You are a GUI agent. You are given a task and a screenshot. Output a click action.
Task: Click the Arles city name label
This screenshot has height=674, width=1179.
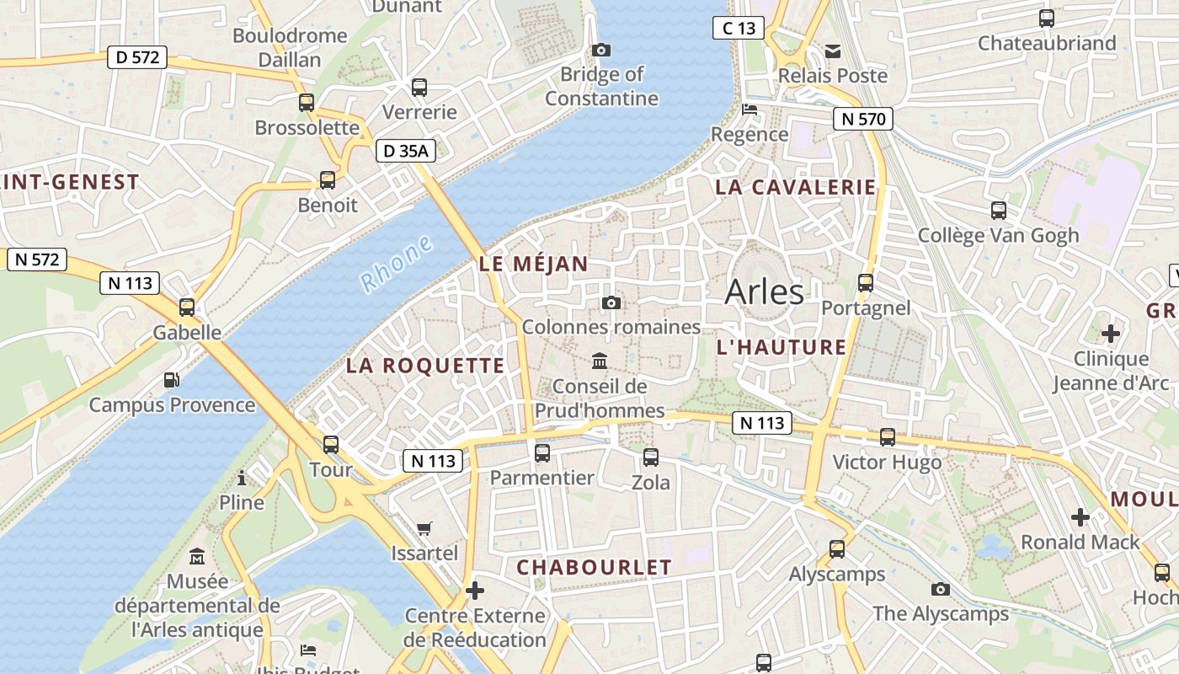tap(764, 292)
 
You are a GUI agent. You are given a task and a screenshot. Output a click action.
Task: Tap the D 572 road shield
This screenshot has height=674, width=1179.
tap(137, 58)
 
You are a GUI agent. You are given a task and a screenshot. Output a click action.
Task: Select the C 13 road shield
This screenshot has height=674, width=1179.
tap(738, 28)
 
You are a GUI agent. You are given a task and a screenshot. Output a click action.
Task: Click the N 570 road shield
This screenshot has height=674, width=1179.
tap(863, 119)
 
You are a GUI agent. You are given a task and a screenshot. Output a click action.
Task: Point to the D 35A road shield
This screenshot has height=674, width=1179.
tap(406, 151)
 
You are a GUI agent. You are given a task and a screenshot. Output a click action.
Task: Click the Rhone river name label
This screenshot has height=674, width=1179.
tap(397, 264)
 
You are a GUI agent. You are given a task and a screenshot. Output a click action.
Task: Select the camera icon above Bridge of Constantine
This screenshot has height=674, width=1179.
tap(600, 51)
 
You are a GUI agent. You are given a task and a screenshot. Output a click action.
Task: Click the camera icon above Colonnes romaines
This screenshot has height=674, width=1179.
tap(611, 302)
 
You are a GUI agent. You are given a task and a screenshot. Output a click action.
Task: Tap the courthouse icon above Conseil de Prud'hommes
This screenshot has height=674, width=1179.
tap(600, 361)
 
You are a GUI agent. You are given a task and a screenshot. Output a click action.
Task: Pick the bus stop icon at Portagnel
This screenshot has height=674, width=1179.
tap(866, 283)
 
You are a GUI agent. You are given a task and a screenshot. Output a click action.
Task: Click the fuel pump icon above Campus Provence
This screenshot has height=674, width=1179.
tap(172, 380)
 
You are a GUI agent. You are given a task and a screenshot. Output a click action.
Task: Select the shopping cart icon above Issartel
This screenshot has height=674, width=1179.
tap(424, 528)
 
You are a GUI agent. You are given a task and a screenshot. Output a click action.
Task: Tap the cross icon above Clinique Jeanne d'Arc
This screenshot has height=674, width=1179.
tap(1111, 334)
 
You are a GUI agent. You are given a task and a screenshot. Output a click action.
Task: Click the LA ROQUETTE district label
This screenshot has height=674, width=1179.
tap(425, 366)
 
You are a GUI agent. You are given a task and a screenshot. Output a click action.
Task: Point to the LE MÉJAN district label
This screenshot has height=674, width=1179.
tap(534, 264)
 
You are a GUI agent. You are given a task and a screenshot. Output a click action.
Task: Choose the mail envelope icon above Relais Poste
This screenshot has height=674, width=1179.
tap(833, 51)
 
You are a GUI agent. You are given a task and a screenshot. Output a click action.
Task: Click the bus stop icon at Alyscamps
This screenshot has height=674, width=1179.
tap(837, 549)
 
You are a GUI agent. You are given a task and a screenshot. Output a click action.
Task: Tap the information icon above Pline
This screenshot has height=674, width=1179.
tap(242, 479)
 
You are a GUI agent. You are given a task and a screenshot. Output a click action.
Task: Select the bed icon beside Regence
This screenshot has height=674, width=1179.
tap(749, 110)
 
